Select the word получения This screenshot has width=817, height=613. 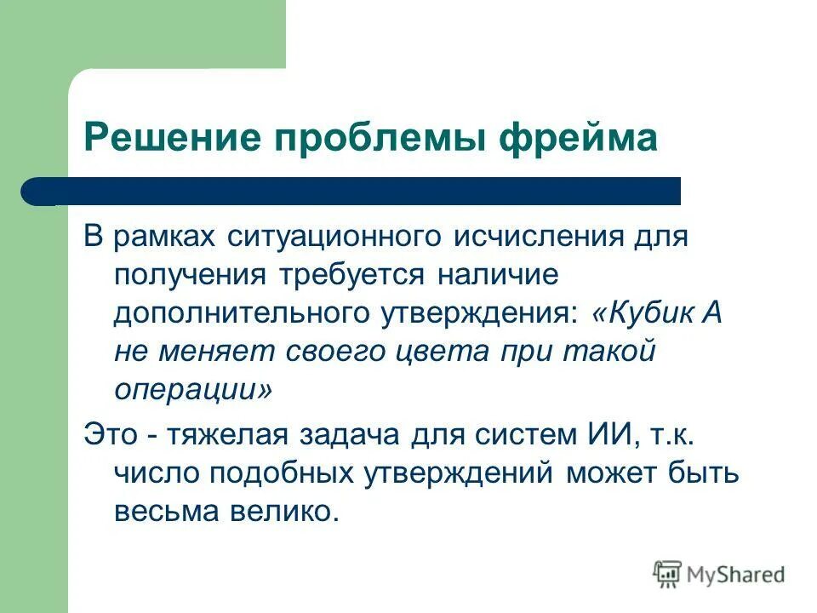pos(188,276)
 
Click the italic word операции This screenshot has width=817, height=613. pos(193,391)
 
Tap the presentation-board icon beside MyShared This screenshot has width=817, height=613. pos(668,574)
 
